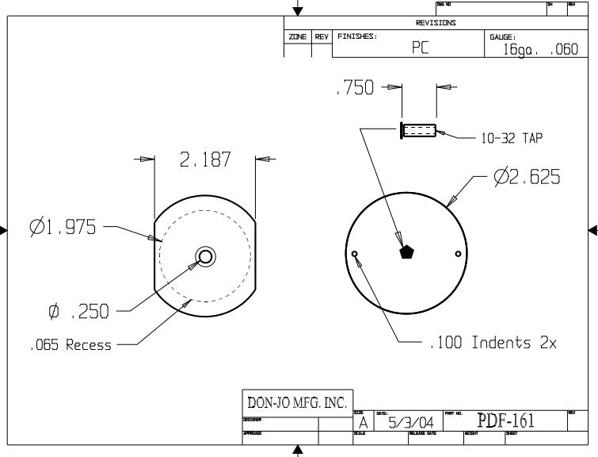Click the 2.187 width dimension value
point(205,159)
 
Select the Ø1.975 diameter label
point(63,228)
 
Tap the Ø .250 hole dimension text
point(78,313)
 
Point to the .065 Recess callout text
point(70,345)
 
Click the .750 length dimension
point(354,89)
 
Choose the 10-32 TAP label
point(512,138)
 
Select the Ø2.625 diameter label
point(527,178)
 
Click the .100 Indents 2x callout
point(493,343)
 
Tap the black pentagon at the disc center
point(406,252)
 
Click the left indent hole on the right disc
point(355,254)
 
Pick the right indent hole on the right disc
point(459,254)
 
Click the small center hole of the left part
point(205,255)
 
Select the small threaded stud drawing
point(418,129)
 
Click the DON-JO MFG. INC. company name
point(297,402)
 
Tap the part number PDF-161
point(505,421)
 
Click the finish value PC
point(420,48)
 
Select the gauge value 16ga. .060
point(540,49)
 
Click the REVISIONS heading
point(436,23)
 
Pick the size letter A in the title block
point(363,424)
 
